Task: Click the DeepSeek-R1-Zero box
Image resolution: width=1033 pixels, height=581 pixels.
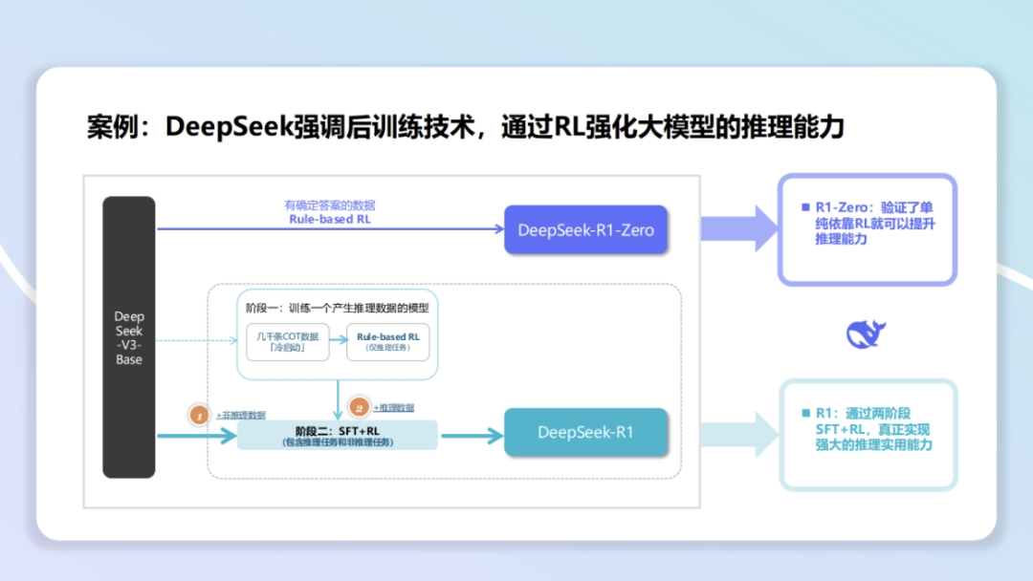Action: point(585,229)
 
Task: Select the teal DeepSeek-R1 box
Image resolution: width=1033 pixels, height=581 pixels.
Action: point(585,432)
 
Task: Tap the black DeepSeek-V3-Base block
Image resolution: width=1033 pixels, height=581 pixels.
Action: point(128,337)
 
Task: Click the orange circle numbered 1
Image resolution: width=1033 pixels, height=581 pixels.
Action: point(199,415)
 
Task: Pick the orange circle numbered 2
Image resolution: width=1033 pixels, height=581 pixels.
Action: point(359,407)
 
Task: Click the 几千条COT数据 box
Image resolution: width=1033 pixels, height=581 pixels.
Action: point(287,342)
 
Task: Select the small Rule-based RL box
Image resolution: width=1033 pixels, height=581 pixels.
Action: point(387,342)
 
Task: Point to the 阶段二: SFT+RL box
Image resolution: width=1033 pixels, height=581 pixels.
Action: point(337,436)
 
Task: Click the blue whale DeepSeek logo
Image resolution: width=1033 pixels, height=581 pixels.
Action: point(866,333)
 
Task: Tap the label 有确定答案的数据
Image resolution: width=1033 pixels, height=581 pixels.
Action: point(330,204)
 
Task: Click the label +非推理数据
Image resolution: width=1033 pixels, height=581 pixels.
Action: point(240,415)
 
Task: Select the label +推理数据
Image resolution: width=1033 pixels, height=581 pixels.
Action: point(394,407)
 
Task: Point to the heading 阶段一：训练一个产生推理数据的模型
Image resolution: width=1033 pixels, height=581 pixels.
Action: point(333,308)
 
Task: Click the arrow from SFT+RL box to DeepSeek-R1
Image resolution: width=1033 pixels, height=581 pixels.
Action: point(471,436)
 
